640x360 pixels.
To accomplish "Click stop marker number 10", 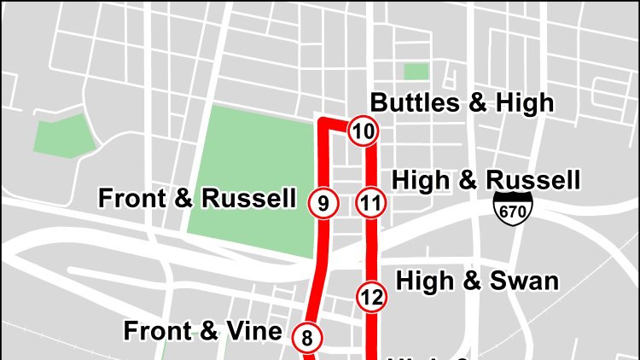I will point(363,131).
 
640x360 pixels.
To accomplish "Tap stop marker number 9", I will point(323,203).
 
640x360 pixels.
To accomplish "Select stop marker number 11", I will point(370,203).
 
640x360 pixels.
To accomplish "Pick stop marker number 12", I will point(371,296).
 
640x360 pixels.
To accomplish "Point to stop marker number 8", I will point(307,337).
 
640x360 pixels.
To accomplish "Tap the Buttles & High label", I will point(462,103).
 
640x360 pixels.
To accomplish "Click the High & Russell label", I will point(486,180).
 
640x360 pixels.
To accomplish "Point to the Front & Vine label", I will point(202,330).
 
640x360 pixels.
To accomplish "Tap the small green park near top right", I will point(416,71).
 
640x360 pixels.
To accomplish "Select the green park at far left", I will point(64,135).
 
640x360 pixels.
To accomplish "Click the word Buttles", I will point(413,103).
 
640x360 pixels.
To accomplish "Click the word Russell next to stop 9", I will point(248,199).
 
